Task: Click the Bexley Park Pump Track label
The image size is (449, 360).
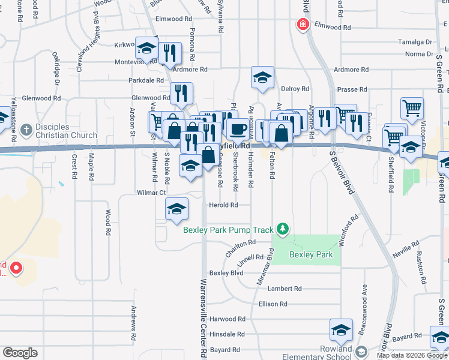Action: pos(229,229)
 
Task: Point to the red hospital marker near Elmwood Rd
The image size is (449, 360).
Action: pos(303,25)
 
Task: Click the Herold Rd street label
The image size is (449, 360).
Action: pos(223,205)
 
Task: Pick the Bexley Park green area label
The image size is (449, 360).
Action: pos(311,254)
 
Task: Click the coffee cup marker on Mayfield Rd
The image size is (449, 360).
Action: pos(238,128)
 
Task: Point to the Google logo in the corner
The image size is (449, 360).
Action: pos(20,353)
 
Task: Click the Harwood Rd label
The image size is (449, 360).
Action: pos(228,319)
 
